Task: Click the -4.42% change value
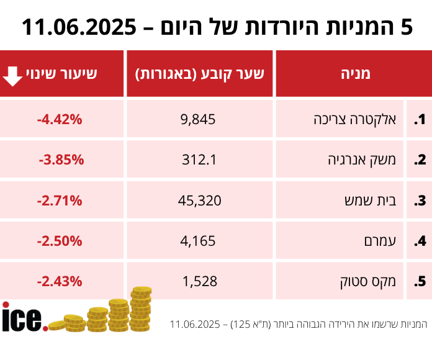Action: (x=60, y=119)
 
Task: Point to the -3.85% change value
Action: (x=61, y=160)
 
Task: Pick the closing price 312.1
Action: (x=200, y=160)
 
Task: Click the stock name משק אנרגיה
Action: (x=358, y=160)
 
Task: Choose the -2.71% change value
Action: (x=60, y=200)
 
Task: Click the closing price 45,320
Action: (x=200, y=200)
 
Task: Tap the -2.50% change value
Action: (x=60, y=241)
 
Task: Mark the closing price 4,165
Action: (x=200, y=241)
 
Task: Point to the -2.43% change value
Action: (x=60, y=281)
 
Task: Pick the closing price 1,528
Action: (x=200, y=281)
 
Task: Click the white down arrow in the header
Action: (x=12, y=74)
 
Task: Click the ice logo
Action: (x=24, y=317)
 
